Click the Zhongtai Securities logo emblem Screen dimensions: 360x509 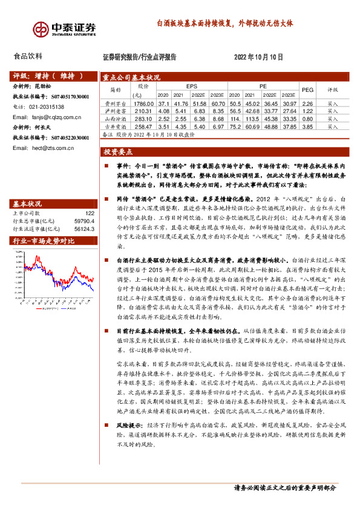tap(41, 28)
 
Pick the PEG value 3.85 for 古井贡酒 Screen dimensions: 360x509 tap(307, 127)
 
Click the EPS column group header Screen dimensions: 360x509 tap(191, 86)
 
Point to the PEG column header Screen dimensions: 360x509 tap(307, 90)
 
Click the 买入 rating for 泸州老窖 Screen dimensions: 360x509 tap(332, 111)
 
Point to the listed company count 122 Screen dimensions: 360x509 tap(90, 213)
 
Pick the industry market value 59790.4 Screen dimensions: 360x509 tap(84, 221)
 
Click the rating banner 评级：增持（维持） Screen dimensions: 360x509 tap(48, 76)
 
